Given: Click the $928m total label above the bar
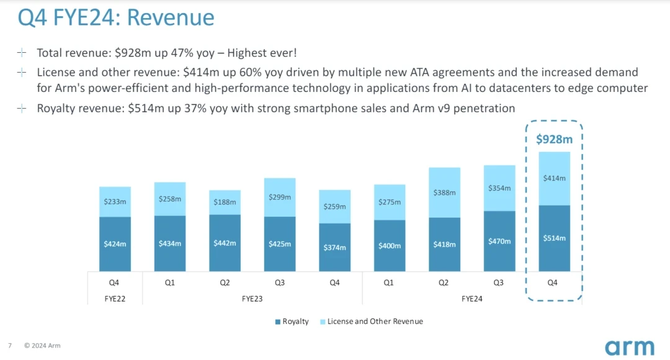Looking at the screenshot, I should click(554, 139).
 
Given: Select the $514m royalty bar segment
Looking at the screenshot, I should click(554, 238).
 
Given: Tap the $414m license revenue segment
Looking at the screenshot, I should click(554, 179).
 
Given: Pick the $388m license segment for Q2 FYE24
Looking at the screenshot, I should click(444, 192).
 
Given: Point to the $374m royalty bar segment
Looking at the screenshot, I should click(334, 247).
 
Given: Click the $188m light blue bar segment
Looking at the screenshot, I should click(225, 202).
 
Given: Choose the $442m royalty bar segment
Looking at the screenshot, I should click(225, 243).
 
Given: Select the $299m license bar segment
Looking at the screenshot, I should click(280, 197).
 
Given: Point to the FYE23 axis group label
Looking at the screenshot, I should click(252, 299).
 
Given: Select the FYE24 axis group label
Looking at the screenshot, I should click(472, 299).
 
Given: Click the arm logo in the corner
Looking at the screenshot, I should click(629, 347).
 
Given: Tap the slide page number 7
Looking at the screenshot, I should click(10, 345).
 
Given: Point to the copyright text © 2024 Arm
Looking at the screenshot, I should click(42, 345).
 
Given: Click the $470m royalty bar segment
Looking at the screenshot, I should click(499, 241).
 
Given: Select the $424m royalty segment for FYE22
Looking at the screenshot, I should click(115, 244).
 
